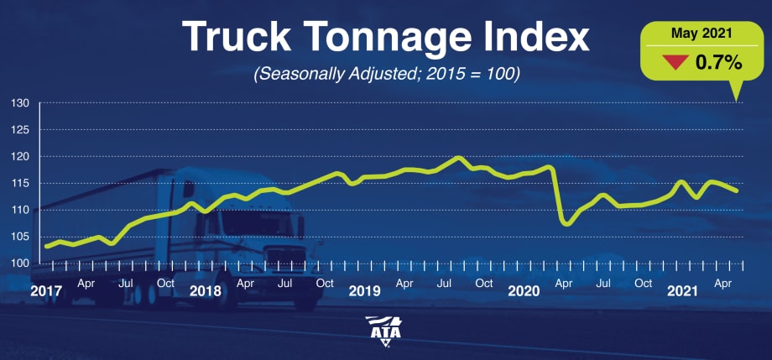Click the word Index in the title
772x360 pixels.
537,39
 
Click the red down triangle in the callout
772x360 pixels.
673,61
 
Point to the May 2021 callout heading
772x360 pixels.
694,34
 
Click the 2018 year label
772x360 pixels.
205,292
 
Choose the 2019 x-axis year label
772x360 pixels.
364,292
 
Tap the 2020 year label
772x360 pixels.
524,292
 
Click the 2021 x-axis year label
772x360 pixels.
683,292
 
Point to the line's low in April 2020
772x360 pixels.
566,225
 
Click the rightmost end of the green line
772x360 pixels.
737,190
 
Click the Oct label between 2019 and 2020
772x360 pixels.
484,283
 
